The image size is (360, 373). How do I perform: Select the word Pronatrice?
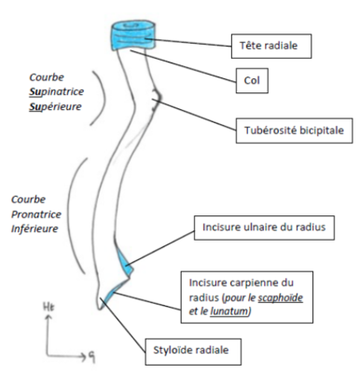tap(35, 214)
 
